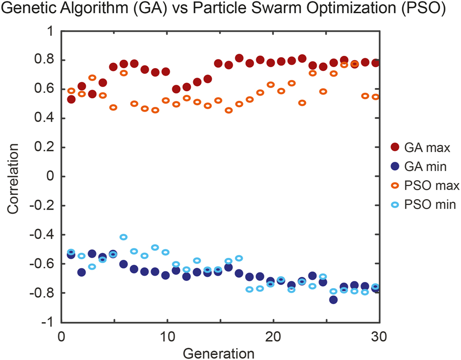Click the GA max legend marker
coord(397,148)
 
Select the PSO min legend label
coord(433,204)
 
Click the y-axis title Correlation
coord(15,176)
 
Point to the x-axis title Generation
coord(219,352)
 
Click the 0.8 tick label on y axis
coord(44,60)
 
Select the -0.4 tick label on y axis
coord(42,235)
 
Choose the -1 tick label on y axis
coord(46,322)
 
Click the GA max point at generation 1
coord(71,99)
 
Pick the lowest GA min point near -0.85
coord(333,299)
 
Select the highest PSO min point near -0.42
coord(124,237)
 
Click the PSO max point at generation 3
coord(92,78)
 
